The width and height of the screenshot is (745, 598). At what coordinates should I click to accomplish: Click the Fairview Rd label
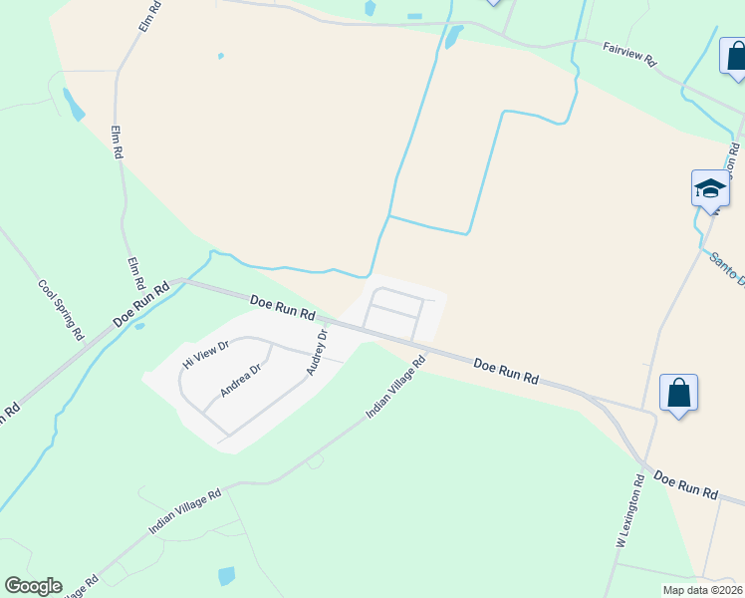coord(630,53)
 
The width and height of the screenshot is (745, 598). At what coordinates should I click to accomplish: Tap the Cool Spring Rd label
coord(60,308)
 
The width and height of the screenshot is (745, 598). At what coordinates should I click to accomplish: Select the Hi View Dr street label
coord(206,354)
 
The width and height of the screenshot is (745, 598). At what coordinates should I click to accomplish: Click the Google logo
coord(33,586)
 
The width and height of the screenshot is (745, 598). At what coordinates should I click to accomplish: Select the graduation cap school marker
coord(710,189)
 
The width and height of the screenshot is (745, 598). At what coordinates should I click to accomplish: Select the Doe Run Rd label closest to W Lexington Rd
coord(685,486)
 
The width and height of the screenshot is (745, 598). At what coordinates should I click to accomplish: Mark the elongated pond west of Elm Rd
coord(74,104)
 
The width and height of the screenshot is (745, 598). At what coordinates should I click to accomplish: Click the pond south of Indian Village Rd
coord(227,575)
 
